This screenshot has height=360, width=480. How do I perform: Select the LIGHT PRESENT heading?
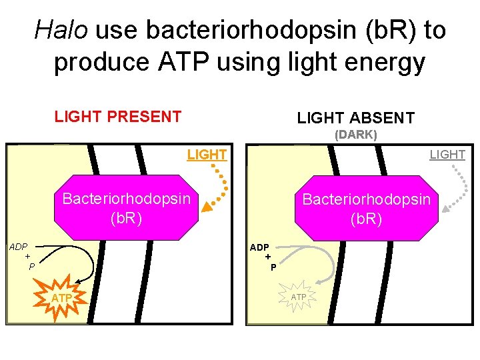click(x=117, y=117)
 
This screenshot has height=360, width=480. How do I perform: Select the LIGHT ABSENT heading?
click(x=355, y=118)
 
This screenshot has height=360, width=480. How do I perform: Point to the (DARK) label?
click(x=355, y=134)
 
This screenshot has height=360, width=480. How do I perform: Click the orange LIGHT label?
click(x=207, y=155)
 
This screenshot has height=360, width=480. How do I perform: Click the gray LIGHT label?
click(x=447, y=155)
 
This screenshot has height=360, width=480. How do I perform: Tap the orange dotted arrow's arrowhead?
click(x=207, y=208)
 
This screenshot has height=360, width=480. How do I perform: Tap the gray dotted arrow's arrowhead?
click(x=447, y=207)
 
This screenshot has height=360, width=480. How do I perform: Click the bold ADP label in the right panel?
click(x=259, y=247)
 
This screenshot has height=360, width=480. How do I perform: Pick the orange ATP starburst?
click(x=62, y=297)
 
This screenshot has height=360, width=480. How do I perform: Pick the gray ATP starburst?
click(x=298, y=297)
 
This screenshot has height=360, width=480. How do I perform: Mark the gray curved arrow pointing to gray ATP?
click(x=313, y=257)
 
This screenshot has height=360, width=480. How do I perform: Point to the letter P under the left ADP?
click(x=31, y=266)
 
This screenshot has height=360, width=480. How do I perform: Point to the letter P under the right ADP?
click(x=273, y=267)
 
